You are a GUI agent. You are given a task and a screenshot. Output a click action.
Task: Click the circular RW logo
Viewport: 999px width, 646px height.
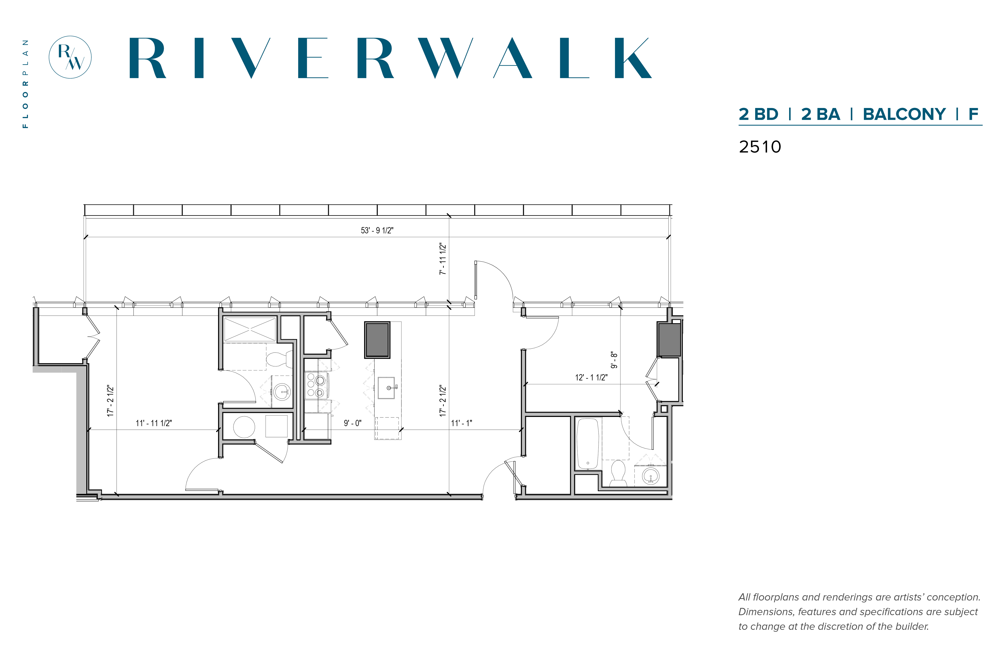(70, 57)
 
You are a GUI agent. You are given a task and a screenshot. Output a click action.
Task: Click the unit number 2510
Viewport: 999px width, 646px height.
(759, 147)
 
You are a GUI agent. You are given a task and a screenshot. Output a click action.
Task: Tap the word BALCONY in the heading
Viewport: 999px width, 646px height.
(904, 114)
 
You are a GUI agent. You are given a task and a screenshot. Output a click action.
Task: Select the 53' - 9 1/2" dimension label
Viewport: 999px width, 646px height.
(377, 230)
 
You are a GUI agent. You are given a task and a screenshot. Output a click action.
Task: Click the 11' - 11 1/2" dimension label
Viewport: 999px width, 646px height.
(153, 423)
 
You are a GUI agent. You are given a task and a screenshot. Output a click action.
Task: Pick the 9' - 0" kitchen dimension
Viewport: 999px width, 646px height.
(352, 423)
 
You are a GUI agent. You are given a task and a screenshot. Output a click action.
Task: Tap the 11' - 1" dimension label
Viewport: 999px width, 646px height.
(461, 423)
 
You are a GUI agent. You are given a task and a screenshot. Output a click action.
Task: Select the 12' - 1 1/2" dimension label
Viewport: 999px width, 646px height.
(591, 377)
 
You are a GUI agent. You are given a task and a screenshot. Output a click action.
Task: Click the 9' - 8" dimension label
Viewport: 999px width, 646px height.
(614, 360)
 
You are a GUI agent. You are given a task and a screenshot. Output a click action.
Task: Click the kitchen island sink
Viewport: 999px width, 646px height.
(386, 388)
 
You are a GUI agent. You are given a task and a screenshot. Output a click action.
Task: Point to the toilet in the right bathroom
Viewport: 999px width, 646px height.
(618, 473)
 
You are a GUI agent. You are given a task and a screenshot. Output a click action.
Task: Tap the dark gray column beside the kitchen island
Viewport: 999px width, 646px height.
(377, 340)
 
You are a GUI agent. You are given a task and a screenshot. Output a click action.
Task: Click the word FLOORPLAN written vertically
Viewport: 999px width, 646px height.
(26, 84)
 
